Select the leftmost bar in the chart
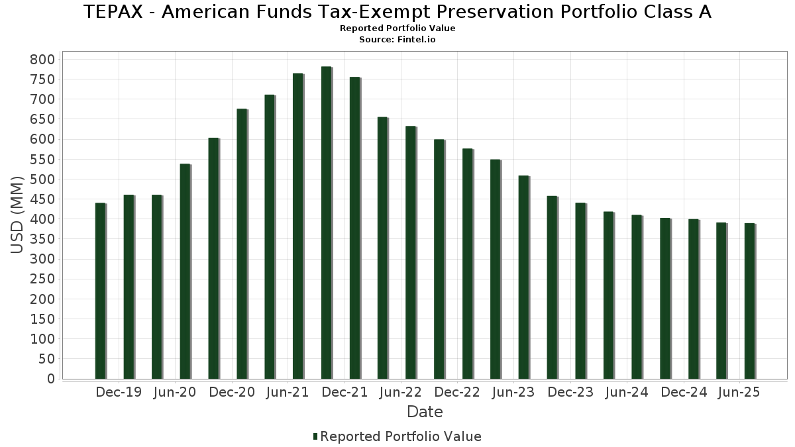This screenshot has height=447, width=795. (x=100, y=291)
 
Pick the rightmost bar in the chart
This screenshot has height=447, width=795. (x=749, y=301)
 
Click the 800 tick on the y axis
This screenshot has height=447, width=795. (x=42, y=60)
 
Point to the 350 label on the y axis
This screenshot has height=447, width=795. (x=42, y=239)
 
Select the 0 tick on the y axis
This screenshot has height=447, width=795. (x=50, y=379)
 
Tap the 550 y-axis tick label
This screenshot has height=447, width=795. (x=42, y=160)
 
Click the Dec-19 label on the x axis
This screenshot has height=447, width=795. (x=119, y=392)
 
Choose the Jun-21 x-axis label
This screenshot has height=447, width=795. (x=288, y=392)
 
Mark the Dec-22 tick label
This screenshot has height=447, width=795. (x=457, y=392)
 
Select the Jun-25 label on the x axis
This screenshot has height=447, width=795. (x=739, y=392)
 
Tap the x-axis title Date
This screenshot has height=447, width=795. (x=425, y=412)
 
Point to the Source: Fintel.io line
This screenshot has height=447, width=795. (x=397, y=40)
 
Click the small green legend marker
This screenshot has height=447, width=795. (x=315, y=436)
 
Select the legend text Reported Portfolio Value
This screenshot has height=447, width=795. (x=401, y=436)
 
